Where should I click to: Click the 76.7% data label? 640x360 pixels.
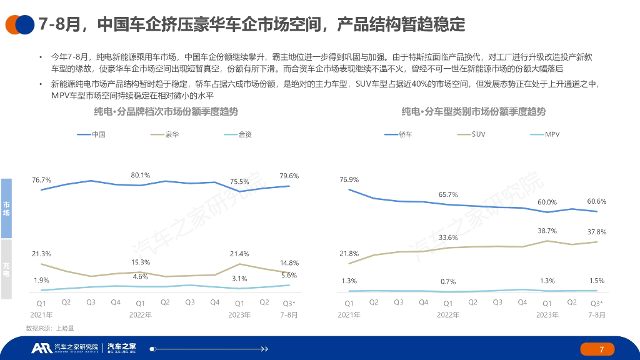pyautogui.click(x=41, y=180)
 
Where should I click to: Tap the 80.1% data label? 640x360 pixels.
pyautogui.click(x=141, y=175)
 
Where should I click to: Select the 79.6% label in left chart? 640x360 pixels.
pyautogui.click(x=289, y=176)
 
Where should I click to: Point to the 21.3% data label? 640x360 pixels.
pyautogui.click(x=41, y=254)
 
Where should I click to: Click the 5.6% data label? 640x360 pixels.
pyautogui.click(x=289, y=275)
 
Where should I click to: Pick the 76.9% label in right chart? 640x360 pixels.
pyautogui.click(x=349, y=179)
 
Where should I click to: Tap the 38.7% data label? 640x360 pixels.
pyautogui.click(x=547, y=231)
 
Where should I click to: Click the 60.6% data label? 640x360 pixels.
pyautogui.click(x=597, y=201)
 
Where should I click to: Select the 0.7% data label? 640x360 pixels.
pyautogui.click(x=448, y=281)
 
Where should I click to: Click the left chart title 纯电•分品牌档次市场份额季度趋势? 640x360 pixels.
pyautogui.click(x=166, y=112)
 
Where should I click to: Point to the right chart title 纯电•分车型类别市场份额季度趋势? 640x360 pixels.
pyautogui.click(x=473, y=112)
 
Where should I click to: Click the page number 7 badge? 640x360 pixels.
pyautogui.click(x=601, y=349)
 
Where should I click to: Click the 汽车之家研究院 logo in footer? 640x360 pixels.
pyautogui.click(x=66, y=347)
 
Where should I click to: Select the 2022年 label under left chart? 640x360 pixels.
pyautogui.click(x=141, y=315)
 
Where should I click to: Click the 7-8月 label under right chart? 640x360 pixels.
pyautogui.click(x=597, y=315)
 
